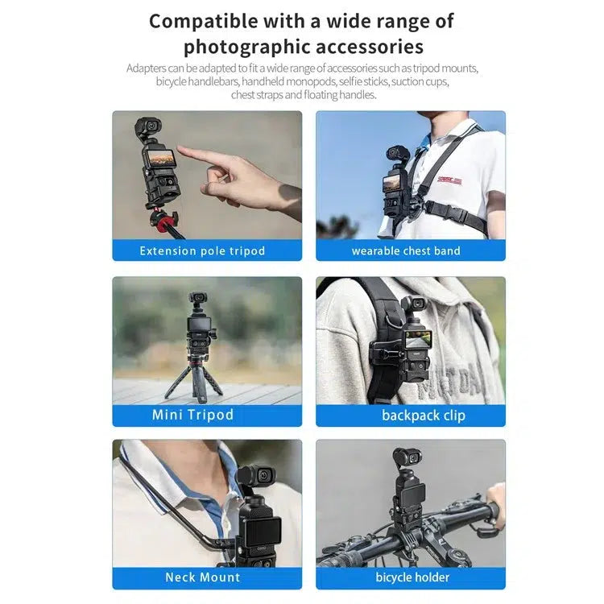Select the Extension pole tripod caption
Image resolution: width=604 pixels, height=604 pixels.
(202, 250)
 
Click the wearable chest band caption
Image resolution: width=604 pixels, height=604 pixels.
(406, 250)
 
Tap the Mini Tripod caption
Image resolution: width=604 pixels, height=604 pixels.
(192, 416)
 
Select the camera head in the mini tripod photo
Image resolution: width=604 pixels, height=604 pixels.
(197, 300)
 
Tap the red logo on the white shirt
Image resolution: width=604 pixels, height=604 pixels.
(449, 180)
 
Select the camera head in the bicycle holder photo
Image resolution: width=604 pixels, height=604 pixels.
(409, 457)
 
